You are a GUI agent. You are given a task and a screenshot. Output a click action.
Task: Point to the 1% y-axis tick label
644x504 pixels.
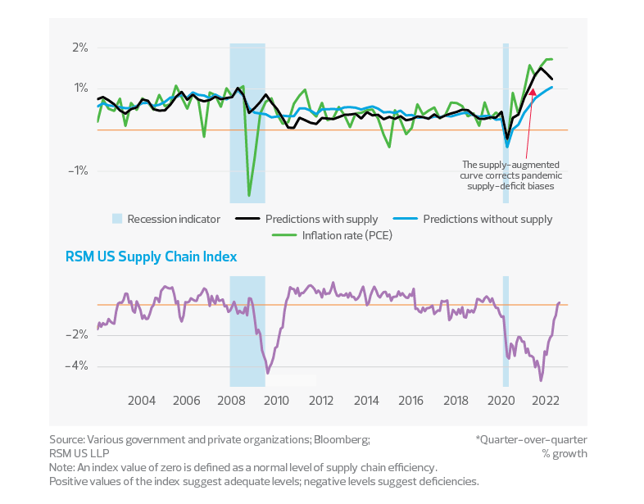click(79, 89)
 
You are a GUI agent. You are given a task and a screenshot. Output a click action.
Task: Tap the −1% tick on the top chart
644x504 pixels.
click(78, 170)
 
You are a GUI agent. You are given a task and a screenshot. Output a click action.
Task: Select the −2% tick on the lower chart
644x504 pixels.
click(78, 334)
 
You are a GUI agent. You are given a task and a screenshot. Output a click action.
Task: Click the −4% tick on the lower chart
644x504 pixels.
click(78, 366)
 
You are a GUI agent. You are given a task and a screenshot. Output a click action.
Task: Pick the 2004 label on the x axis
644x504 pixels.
click(141, 401)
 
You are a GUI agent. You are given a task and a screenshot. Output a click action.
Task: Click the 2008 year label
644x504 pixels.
click(231, 401)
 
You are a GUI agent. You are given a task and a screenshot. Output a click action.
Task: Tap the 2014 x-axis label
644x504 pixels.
click(367, 401)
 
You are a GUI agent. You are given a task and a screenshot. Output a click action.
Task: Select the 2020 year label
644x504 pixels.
click(501, 401)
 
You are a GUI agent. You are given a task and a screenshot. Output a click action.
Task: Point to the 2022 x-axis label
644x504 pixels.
click(546, 401)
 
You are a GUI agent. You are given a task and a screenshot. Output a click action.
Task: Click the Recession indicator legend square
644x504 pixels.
click(118, 219)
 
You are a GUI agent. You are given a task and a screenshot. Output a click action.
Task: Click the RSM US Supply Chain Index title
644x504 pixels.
click(152, 257)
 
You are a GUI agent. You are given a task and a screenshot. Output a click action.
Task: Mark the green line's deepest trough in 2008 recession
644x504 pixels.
click(249, 195)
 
